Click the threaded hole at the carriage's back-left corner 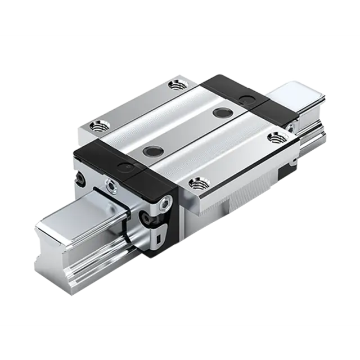click(179, 85)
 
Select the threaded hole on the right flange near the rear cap click(275, 137)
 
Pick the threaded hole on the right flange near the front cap click(196, 182)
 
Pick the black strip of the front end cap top click(112, 157)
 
